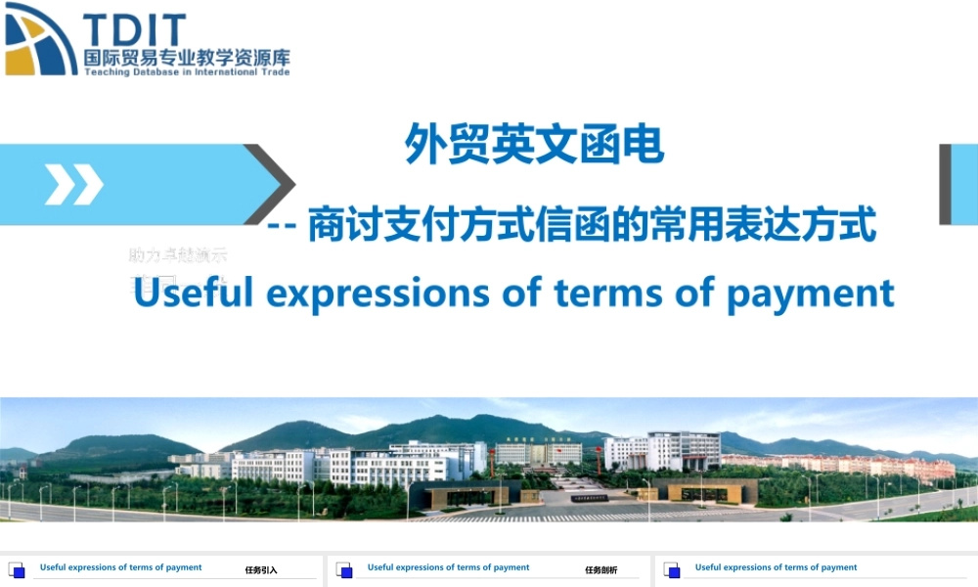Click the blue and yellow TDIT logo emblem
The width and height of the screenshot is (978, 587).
point(40,39)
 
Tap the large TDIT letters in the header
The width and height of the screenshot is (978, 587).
point(134,29)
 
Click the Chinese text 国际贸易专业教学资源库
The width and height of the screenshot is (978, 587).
point(187,58)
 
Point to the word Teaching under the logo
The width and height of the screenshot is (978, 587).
point(107,71)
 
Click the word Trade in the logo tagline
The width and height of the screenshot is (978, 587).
point(274,71)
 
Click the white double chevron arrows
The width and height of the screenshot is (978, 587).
point(73,184)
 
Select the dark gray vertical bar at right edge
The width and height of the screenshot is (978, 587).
point(945,184)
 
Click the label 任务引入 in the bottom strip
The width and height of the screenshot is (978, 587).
point(261,569)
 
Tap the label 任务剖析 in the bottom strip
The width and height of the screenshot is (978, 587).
point(601,569)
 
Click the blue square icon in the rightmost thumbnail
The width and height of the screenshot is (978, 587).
point(672,569)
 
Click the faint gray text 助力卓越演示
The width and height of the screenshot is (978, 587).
point(177,255)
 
